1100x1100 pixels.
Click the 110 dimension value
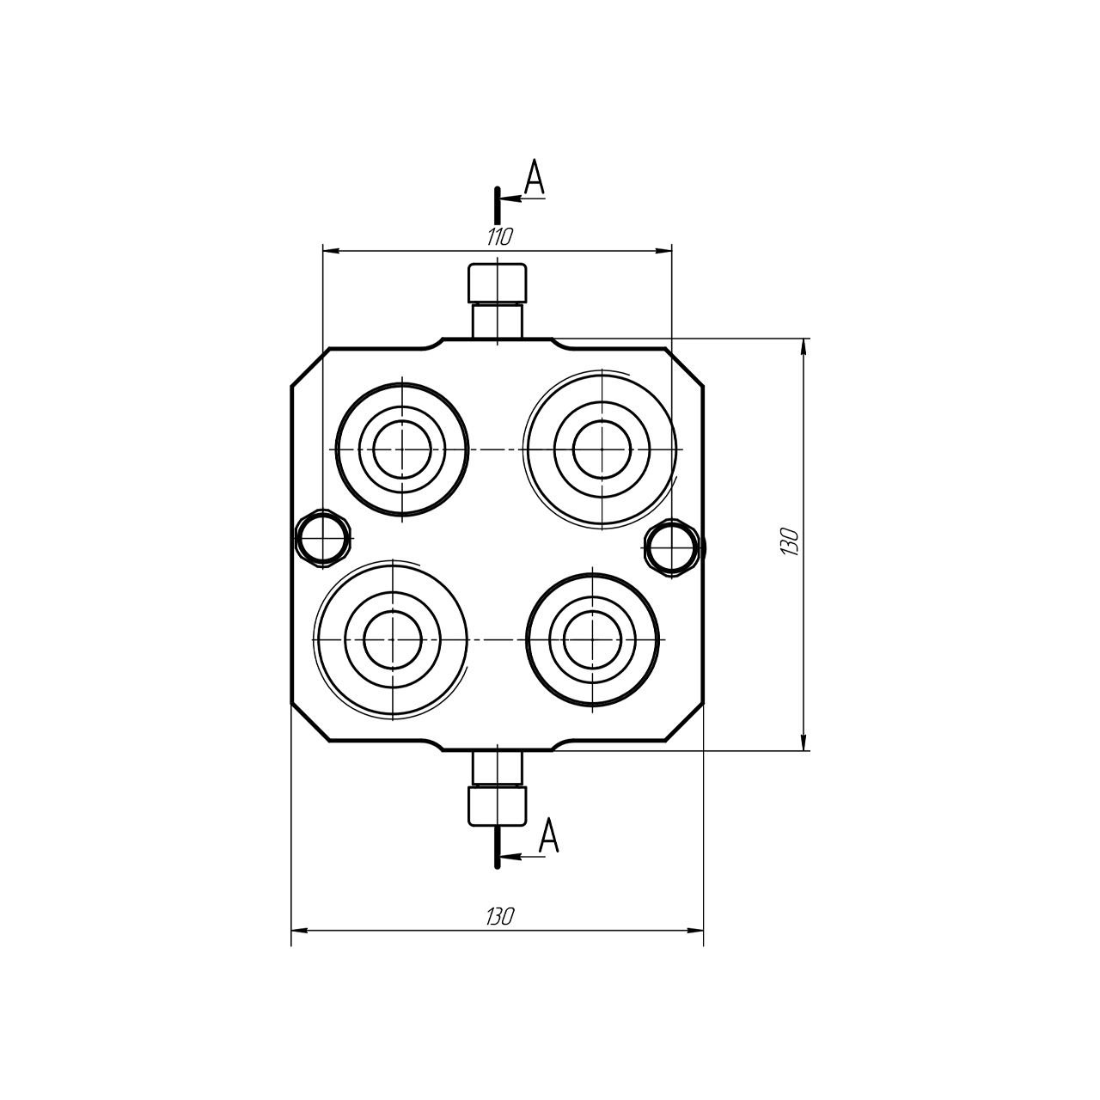[x=500, y=236]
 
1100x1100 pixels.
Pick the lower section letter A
[x=548, y=834]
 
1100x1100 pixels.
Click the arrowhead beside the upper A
[x=510, y=199]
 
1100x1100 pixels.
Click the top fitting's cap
[x=498, y=283]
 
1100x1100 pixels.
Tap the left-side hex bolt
[x=323, y=538]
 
